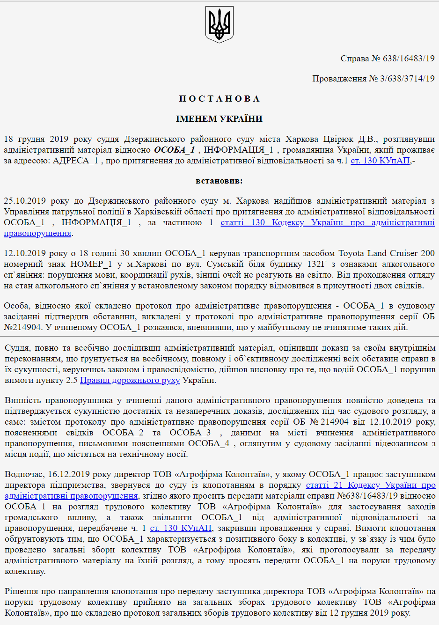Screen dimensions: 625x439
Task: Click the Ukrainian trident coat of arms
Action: (219, 24)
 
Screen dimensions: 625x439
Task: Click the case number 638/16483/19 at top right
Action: (409, 59)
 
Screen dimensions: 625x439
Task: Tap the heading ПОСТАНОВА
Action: (219, 99)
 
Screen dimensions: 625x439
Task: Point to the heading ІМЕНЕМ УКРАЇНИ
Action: (219, 119)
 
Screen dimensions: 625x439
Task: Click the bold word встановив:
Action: (219, 181)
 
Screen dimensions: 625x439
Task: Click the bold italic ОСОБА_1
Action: (174, 150)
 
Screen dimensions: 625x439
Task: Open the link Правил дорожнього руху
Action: (130, 380)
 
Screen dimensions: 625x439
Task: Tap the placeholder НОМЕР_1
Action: (91, 264)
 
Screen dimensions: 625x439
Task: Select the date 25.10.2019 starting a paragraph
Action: (24, 201)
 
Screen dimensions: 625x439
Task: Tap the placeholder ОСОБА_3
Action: (190, 433)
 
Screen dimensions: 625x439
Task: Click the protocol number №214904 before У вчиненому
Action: (22, 327)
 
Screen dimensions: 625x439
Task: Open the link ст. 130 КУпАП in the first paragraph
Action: (380, 161)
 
